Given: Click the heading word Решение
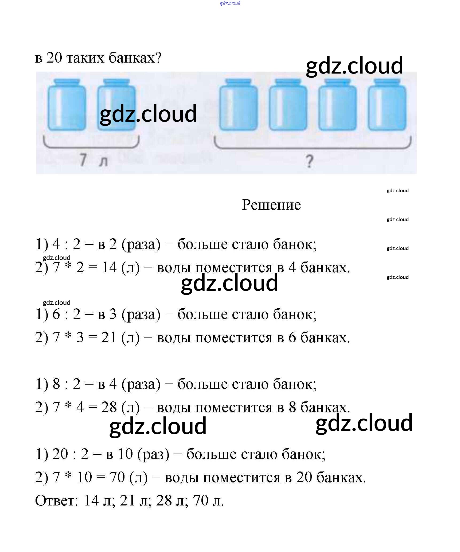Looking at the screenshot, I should point(271,205).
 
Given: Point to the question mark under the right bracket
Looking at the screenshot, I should point(309,161).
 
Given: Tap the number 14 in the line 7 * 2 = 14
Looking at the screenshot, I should point(109,267).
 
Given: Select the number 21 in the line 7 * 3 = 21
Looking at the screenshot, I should point(109,338).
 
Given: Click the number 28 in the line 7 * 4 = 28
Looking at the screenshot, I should point(109,408).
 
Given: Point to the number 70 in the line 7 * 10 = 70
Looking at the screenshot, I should point(117,478).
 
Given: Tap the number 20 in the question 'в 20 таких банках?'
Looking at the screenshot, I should point(54,58).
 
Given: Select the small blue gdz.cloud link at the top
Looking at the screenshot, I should point(230,3).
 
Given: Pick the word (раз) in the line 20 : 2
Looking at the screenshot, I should point(153,454).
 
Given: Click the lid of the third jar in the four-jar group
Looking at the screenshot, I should point(337,81).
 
